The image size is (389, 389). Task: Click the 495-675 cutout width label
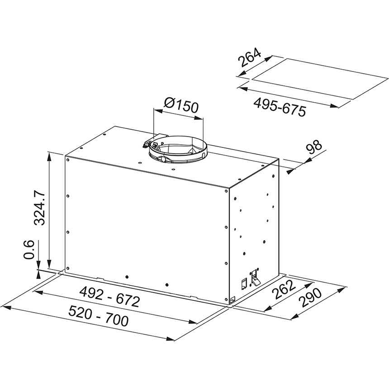tap(279, 107)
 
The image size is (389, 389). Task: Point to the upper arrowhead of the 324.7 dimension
tap(49, 155)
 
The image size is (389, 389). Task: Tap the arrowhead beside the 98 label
tap(292, 171)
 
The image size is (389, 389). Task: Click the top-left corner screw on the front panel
tap(67, 159)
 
